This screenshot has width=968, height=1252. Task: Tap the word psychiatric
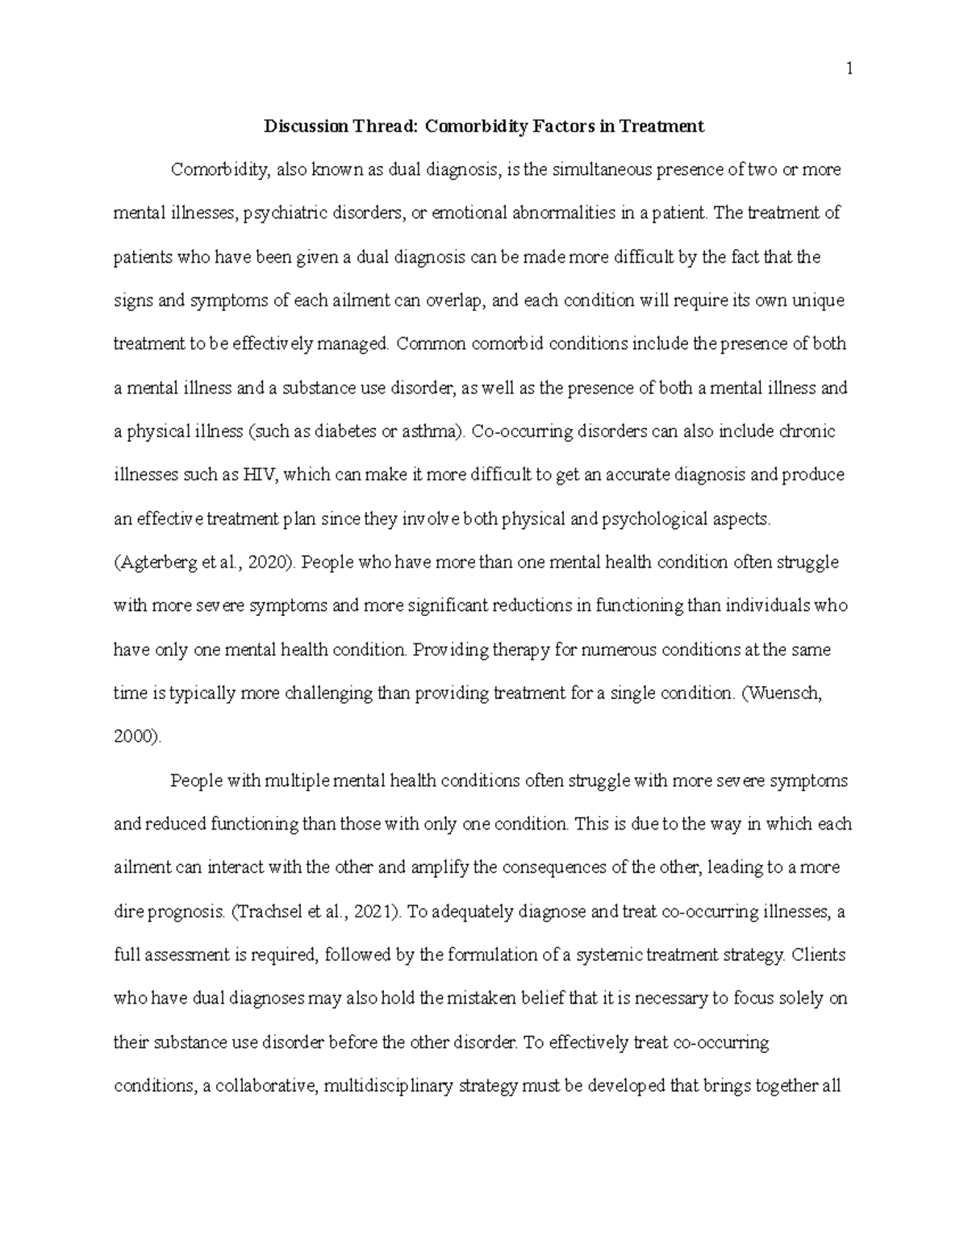286,214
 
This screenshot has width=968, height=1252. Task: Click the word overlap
456,301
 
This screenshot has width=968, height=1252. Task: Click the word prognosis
187,912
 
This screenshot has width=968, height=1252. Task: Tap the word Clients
819,955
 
